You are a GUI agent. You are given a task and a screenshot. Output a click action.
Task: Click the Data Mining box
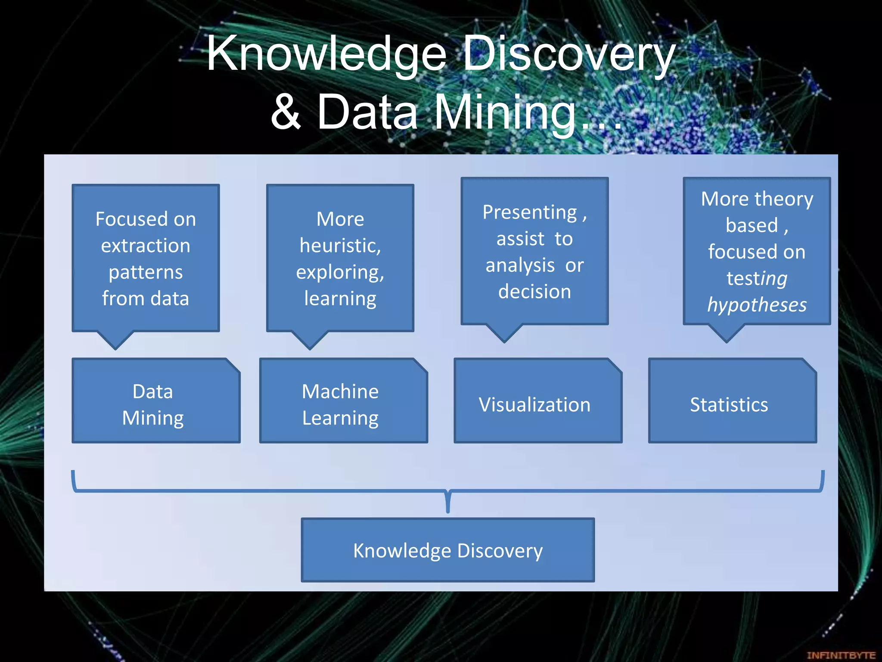point(155,401)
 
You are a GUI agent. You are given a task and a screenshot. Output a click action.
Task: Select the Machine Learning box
point(343,401)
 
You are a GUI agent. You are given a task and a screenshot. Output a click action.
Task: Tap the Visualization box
point(537,401)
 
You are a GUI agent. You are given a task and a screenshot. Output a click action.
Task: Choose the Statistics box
point(732,401)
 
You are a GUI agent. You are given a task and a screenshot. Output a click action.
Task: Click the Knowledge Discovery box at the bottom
point(447,550)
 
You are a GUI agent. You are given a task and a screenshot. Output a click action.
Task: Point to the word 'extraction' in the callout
point(146,246)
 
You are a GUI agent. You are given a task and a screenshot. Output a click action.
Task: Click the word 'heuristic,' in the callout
point(340,246)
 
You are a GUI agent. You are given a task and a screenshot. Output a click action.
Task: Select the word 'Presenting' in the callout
point(529,212)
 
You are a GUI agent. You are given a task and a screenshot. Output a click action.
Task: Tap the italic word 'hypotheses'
point(757,305)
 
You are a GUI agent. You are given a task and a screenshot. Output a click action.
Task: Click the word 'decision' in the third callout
point(534,292)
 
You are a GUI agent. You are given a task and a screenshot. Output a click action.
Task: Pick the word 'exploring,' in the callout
point(340,272)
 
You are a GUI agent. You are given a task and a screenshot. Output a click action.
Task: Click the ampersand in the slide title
point(286,112)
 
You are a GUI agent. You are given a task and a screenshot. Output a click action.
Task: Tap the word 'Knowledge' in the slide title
point(326,54)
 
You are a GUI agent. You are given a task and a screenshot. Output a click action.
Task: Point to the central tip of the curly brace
point(448,511)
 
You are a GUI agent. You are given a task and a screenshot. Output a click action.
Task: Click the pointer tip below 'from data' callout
point(115,348)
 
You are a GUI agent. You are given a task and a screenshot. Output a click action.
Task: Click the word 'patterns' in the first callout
point(146,272)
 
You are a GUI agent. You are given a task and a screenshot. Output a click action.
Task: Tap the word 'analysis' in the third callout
point(520,265)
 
